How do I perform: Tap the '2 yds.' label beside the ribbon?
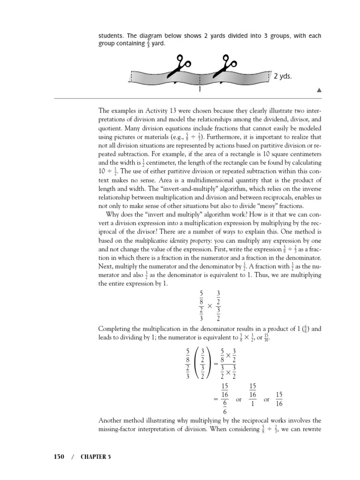283,76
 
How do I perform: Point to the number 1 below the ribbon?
200,89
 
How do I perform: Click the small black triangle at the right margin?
319,90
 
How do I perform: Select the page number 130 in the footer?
57,456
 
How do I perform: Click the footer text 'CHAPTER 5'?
95,456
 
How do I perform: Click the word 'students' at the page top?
111,36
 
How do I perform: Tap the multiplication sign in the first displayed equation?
210,305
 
